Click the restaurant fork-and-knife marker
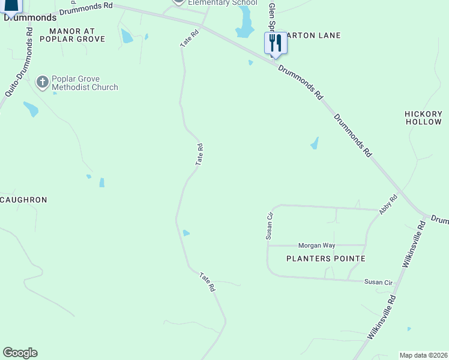pyautogui.click(x=276, y=43)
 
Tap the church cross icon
pyautogui.click(x=42, y=82)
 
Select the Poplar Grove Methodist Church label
pyautogui.click(x=85, y=83)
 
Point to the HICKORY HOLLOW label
pyautogui.click(x=423, y=118)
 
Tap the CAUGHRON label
pyautogui.click(x=23, y=199)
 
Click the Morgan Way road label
pyautogui.click(x=317, y=245)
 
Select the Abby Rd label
pyautogui.click(x=388, y=205)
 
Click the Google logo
pyautogui.click(x=20, y=353)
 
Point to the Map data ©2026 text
pyautogui.click(x=423, y=355)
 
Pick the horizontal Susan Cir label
pyautogui.click(x=378, y=282)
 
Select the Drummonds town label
pyautogui.click(x=30, y=18)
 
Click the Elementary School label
pyautogui.click(x=222, y=3)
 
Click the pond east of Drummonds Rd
pyautogui.click(x=314, y=143)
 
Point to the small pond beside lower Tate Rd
pyautogui.click(x=186, y=233)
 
